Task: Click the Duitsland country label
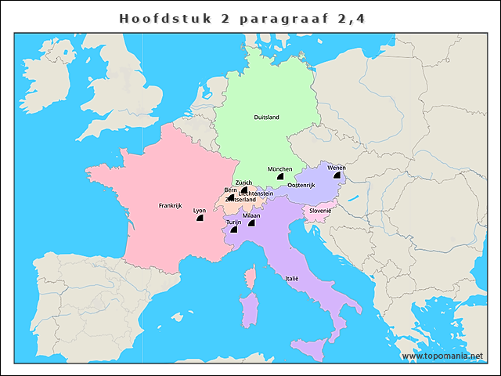pyautogui.click(x=266, y=117)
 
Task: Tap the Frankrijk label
pyautogui.click(x=170, y=206)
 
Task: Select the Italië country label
pyautogui.click(x=291, y=278)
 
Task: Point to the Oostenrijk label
pyautogui.click(x=301, y=185)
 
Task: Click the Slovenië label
pyautogui.click(x=320, y=211)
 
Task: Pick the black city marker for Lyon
pyautogui.click(x=200, y=220)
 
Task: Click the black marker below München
pyautogui.click(x=279, y=179)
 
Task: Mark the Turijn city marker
pyautogui.click(x=233, y=230)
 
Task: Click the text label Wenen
pyautogui.click(x=336, y=168)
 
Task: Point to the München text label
pyautogui.click(x=279, y=169)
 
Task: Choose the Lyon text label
pyautogui.click(x=200, y=211)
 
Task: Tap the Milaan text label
pyautogui.click(x=251, y=215)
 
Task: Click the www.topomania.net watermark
pyautogui.click(x=442, y=356)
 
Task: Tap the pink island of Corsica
pyautogui.click(x=251, y=279)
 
